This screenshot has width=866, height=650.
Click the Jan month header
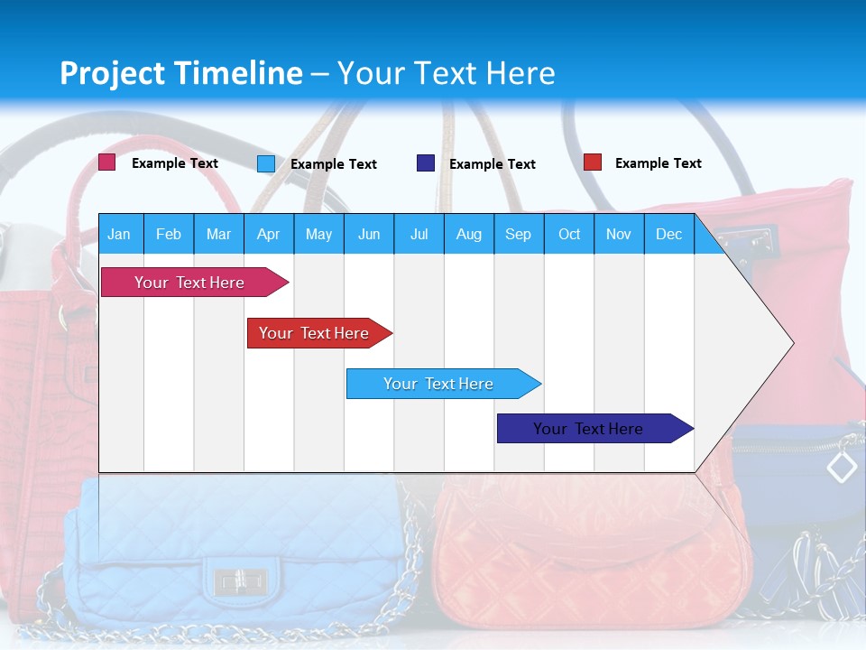point(120,234)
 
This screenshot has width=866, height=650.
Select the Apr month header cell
point(269,234)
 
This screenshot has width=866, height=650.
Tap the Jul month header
point(419,234)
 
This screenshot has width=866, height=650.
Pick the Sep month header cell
point(519,234)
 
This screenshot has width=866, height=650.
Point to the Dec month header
point(668,234)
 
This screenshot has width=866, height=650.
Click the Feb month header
point(169,234)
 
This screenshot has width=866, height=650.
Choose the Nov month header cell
point(619,234)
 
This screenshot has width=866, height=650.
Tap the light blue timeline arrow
point(440,384)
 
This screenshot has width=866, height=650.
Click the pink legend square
point(106,162)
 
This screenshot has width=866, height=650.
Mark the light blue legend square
point(266,163)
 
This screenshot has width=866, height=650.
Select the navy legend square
point(426,163)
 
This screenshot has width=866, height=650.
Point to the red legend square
point(593,162)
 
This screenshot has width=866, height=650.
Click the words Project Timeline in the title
point(181,73)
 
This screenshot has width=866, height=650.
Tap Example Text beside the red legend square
point(658,163)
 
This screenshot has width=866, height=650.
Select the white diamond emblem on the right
point(842,467)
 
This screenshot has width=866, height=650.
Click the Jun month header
point(369,234)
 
